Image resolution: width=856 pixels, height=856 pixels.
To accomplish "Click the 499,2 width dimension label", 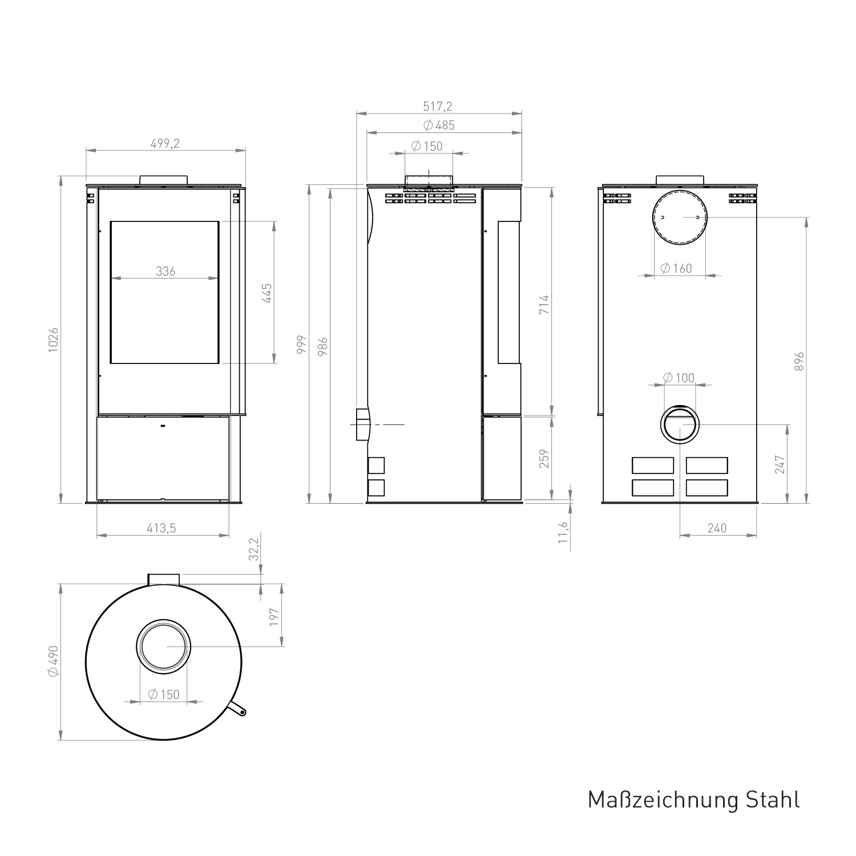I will click(x=165, y=144).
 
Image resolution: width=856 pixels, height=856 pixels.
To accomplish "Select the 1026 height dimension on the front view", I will click(x=54, y=340).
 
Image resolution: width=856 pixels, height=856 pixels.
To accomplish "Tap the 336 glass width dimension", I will click(x=165, y=272).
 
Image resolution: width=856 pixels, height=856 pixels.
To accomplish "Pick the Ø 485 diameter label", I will click(x=439, y=126).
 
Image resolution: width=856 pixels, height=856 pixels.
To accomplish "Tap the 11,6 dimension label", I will click(x=564, y=532).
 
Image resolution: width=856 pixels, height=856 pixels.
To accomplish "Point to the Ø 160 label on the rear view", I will click(x=676, y=268).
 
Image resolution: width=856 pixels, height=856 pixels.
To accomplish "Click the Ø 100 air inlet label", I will click(x=679, y=378).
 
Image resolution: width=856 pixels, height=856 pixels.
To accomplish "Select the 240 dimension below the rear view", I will click(x=717, y=528).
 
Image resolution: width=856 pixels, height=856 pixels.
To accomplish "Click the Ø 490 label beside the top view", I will click(x=54, y=661).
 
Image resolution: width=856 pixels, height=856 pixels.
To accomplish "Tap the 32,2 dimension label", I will click(x=255, y=549).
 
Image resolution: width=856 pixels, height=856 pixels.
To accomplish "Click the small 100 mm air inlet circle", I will click(x=679, y=425).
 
